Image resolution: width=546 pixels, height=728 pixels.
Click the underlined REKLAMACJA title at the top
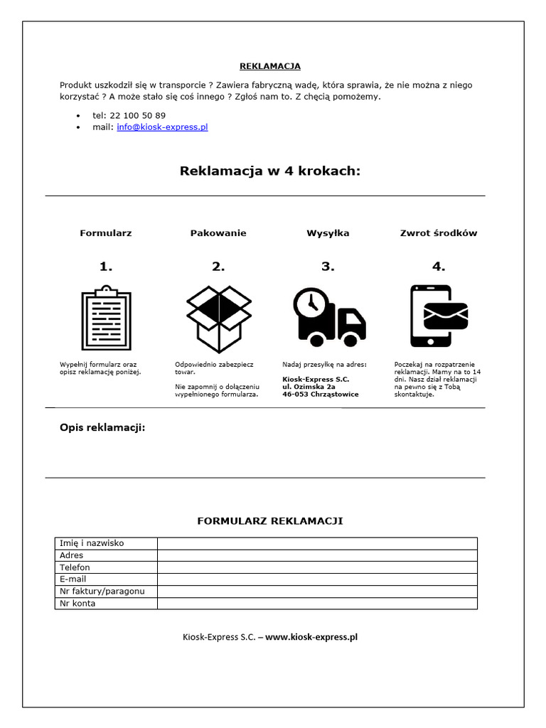(270, 66)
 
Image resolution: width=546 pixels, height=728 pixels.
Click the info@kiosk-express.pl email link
(162, 127)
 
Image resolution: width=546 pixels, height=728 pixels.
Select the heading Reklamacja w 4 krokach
(269, 171)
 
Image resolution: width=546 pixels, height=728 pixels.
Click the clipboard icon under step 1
(106, 318)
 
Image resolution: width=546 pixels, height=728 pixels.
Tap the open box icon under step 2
(218, 318)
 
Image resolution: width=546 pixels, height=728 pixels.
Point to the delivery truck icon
(329, 318)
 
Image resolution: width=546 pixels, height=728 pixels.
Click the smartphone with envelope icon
(439, 316)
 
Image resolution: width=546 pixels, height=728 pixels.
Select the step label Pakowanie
(218, 233)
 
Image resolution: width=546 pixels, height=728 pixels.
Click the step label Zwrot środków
(439, 233)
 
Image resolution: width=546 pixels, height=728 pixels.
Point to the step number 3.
(327, 267)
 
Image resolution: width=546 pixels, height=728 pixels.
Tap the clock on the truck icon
(310, 304)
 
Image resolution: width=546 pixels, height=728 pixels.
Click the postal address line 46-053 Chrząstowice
(320, 394)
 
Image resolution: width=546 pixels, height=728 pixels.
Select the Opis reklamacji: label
(102, 427)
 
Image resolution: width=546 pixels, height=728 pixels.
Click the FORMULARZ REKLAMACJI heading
(269, 521)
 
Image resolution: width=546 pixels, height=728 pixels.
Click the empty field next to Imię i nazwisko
(316, 543)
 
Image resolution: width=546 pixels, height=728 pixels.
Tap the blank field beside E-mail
(316, 579)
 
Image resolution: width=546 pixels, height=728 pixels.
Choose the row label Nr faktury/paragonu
(102, 591)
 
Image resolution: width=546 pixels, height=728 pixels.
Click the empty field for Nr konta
(316, 604)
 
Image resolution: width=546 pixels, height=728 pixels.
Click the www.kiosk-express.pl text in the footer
(311, 637)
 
